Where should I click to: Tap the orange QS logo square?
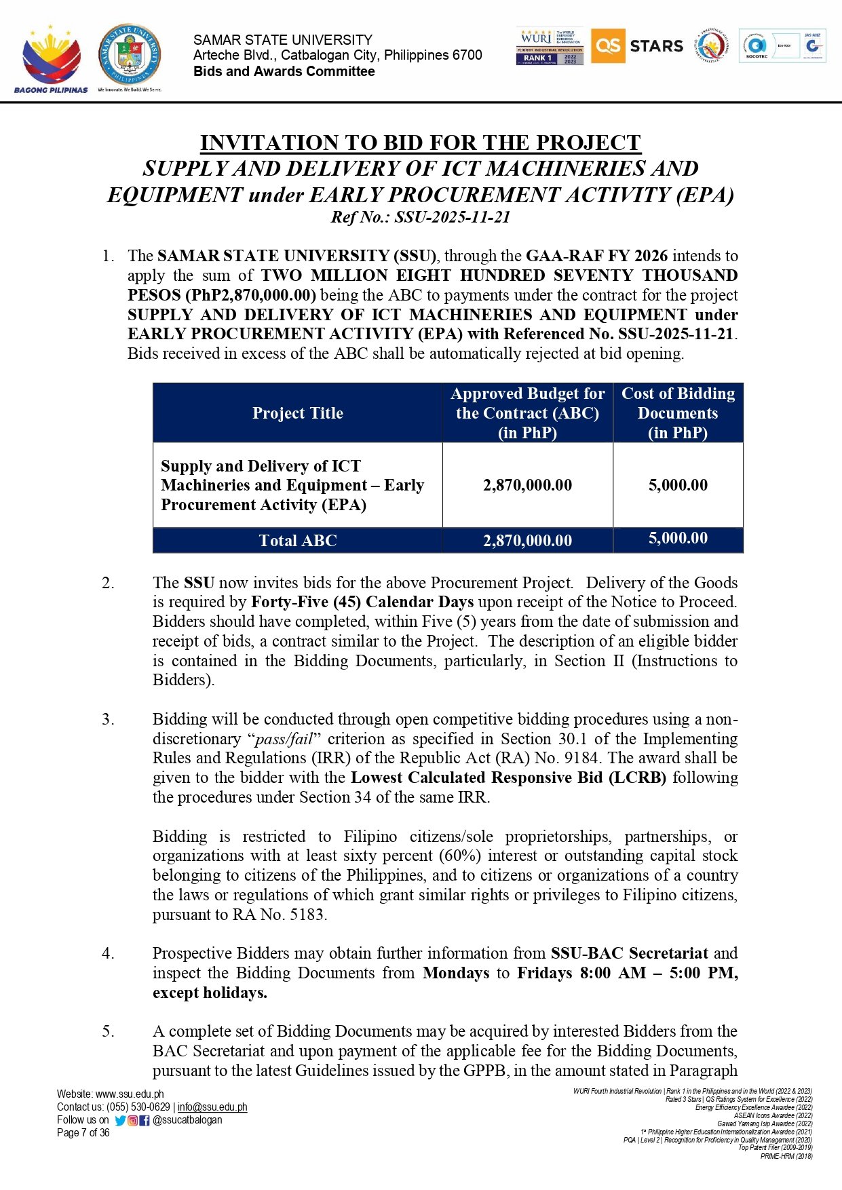607,46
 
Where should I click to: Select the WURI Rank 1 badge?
549,47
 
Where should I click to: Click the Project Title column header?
297,413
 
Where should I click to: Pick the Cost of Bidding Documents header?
678,413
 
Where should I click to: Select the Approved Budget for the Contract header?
527,413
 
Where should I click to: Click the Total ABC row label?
297,541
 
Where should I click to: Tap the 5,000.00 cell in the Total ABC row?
678,539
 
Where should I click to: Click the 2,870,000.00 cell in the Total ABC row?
527,541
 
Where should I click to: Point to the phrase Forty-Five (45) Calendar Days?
362,602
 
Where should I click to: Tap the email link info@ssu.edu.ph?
212,1107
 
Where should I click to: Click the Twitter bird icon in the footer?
121,1121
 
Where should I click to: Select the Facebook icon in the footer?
145,1121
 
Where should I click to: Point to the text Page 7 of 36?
83,1133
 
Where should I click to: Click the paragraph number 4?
108,953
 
